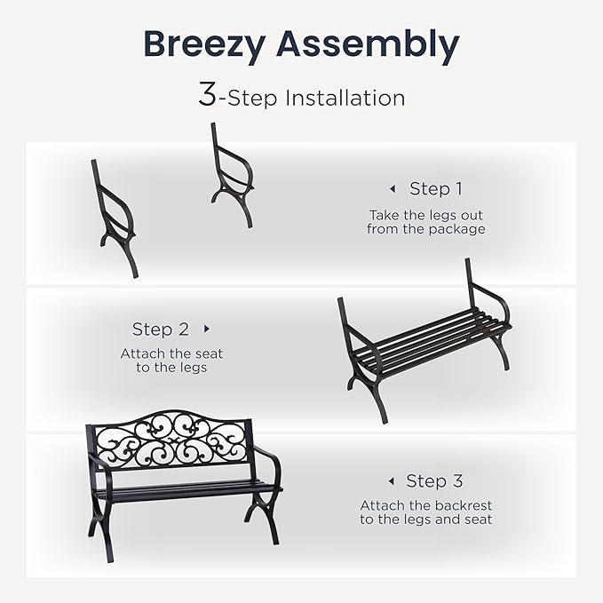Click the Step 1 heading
(x=435, y=188)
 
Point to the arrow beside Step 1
(x=392, y=188)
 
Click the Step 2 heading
(x=161, y=329)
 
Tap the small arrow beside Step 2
(x=207, y=329)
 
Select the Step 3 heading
(x=434, y=481)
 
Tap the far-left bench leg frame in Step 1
(x=115, y=218)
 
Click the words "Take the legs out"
(x=425, y=215)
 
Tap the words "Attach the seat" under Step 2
(x=171, y=353)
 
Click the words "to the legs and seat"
(x=425, y=520)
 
